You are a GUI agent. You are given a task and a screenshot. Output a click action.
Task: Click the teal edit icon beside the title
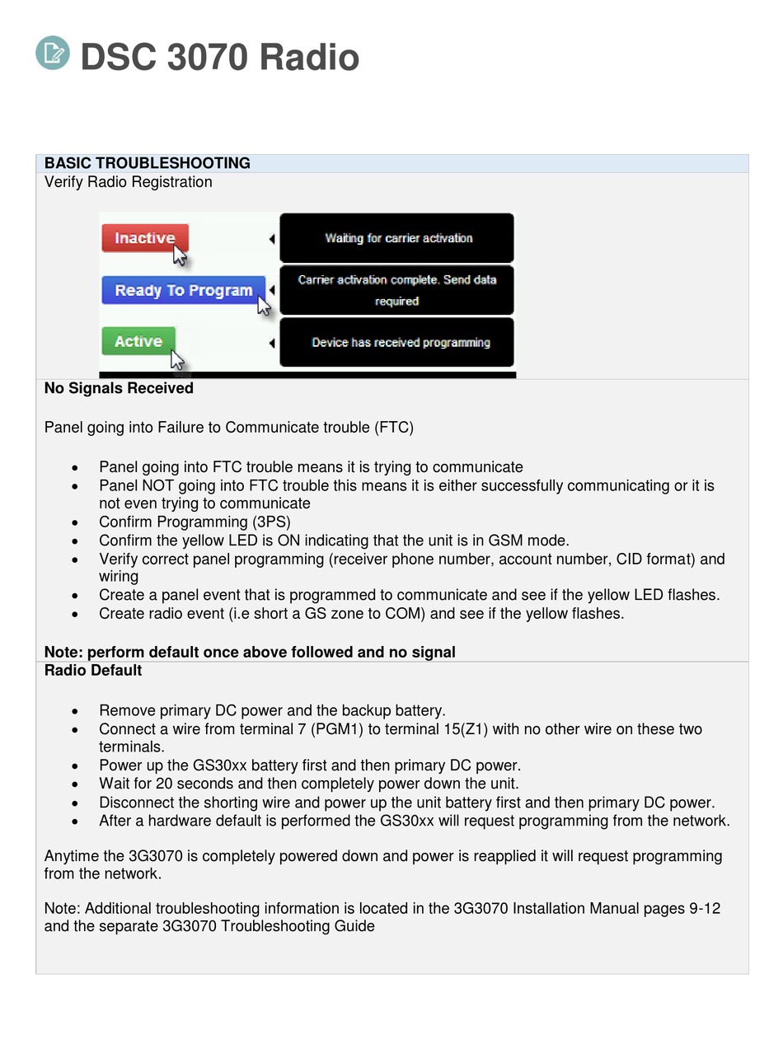click(x=53, y=53)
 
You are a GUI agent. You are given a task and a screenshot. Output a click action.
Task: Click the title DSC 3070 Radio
click(x=219, y=58)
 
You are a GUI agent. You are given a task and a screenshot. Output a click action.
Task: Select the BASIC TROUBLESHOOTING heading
click(x=147, y=163)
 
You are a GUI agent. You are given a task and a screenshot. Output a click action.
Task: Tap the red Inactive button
click(x=144, y=238)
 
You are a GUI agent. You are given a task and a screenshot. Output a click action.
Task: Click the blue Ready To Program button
click(x=183, y=290)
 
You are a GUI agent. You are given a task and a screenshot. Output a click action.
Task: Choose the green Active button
click(x=138, y=341)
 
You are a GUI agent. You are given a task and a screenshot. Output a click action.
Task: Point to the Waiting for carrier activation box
click(x=397, y=238)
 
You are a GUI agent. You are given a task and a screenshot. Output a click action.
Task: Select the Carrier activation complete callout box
click(x=396, y=290)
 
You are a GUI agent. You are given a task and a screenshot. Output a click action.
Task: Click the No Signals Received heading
click(x=119, y=388)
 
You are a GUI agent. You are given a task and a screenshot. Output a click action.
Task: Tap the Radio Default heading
click(x=93, y=671)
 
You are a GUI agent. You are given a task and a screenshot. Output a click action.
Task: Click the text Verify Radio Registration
click(x=128, y=182)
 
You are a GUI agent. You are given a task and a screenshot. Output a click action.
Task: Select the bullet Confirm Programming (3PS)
click(x=195, y=522)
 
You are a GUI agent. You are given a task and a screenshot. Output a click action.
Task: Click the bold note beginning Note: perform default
click(x=250, y=653)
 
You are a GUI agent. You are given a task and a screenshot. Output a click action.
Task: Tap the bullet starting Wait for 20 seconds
click(x=308, y=784)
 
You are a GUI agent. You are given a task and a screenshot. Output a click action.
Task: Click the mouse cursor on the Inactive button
click(x=179, y=255)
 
